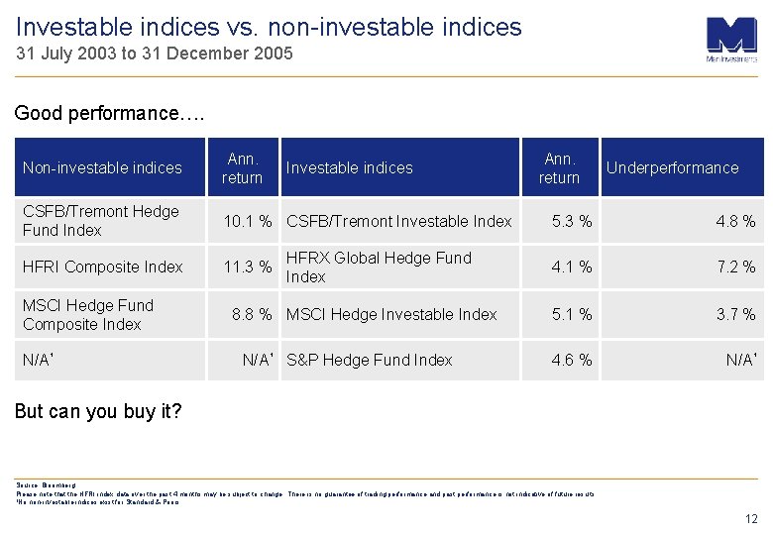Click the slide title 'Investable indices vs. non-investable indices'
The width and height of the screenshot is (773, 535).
click(x=269, y=27)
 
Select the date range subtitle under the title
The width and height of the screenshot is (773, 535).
click(x=155, y=54)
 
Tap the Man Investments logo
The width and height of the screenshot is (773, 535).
click(x=731, y=40)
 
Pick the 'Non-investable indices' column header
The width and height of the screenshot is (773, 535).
click(x=102, y=167)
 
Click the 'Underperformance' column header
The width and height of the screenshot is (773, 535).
click(x=672, y=167)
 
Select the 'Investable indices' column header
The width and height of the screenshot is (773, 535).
click(x=349, y=167)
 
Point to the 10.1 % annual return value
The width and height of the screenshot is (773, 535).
click(x=248, y=221)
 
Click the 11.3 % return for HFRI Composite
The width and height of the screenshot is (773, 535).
click(x=248, y=267)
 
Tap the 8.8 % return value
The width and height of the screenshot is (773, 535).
click(x=252, y=314)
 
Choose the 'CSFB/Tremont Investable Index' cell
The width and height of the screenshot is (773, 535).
click(x=398, y=221)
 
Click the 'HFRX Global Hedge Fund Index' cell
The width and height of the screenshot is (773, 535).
click(x=379, y=267)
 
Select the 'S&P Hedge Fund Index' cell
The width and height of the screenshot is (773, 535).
click(x=369, y=360)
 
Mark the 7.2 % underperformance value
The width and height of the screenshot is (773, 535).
click(x=736, y=267)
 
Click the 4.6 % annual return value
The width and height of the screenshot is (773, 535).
click(x=572, y=360)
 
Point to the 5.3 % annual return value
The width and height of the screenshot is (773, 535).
click(x=572, y=221)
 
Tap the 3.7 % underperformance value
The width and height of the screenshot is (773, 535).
click(x=736, y=314)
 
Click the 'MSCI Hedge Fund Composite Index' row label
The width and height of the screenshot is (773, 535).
click(x=88, y=314)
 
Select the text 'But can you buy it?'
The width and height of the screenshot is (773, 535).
click(x=98, y=411)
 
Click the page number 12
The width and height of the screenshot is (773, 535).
click(x=750, y=518)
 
